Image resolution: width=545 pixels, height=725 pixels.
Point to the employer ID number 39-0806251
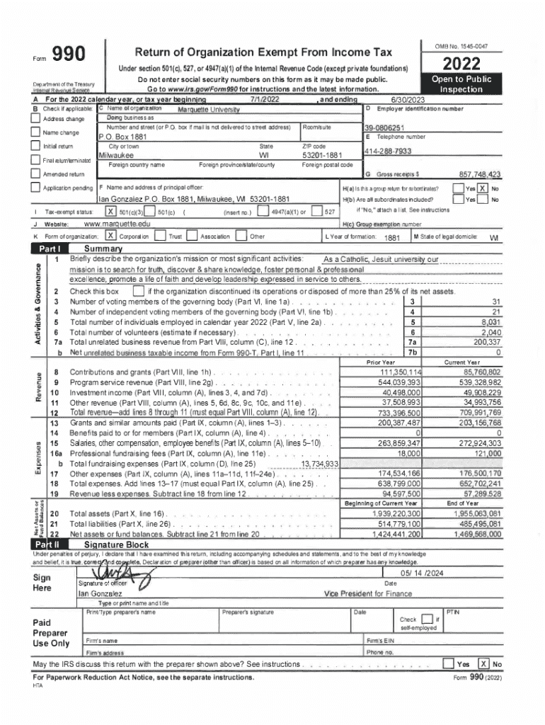tap(384, 127)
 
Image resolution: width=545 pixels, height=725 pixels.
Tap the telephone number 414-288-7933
tap(387, 152)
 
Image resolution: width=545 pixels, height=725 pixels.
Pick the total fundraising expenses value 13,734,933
tap(320, 463)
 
